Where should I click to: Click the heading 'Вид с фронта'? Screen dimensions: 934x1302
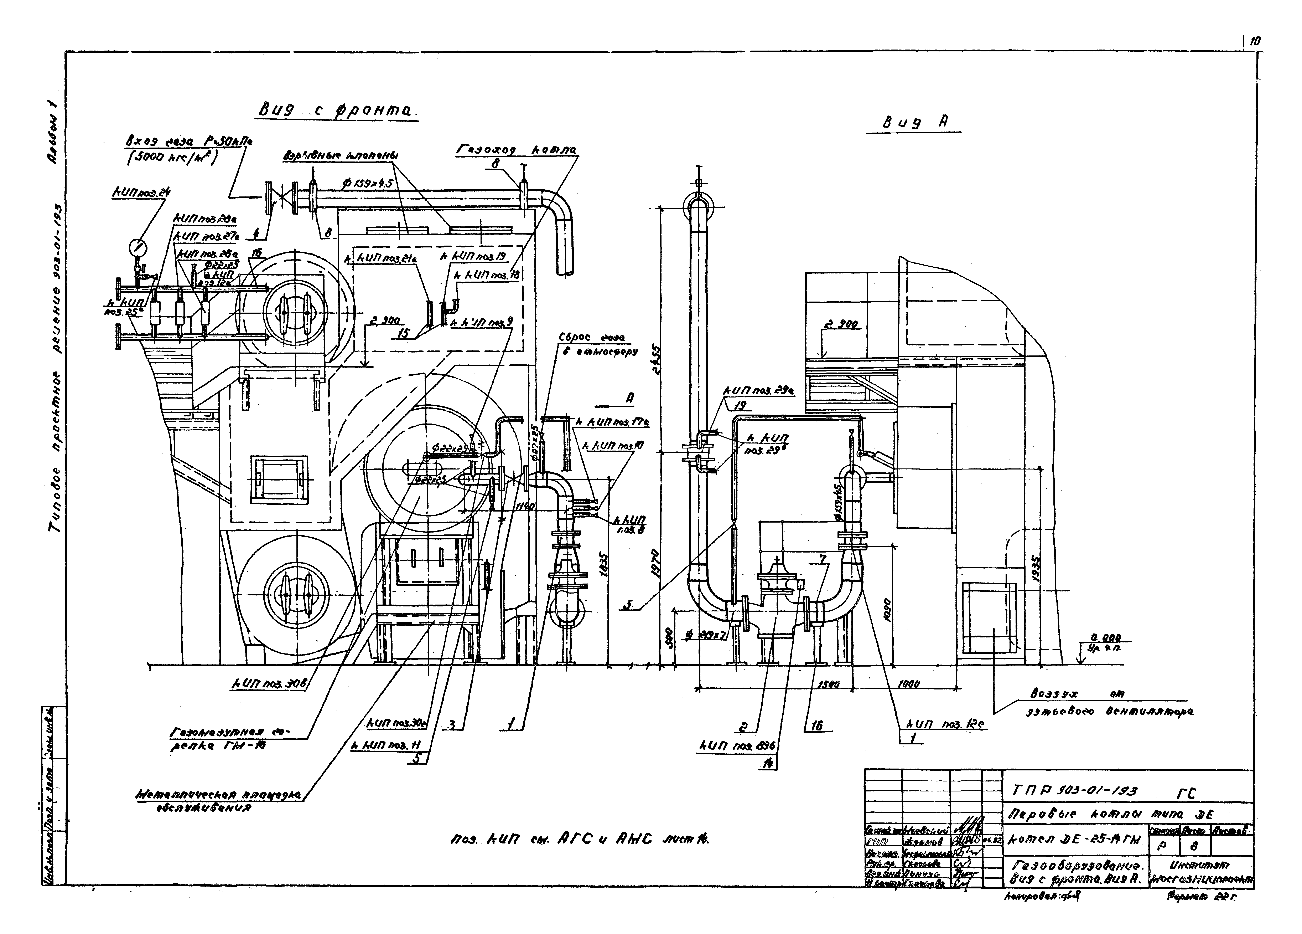coord(337,111)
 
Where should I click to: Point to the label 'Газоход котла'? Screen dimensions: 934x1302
coord(517,150)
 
